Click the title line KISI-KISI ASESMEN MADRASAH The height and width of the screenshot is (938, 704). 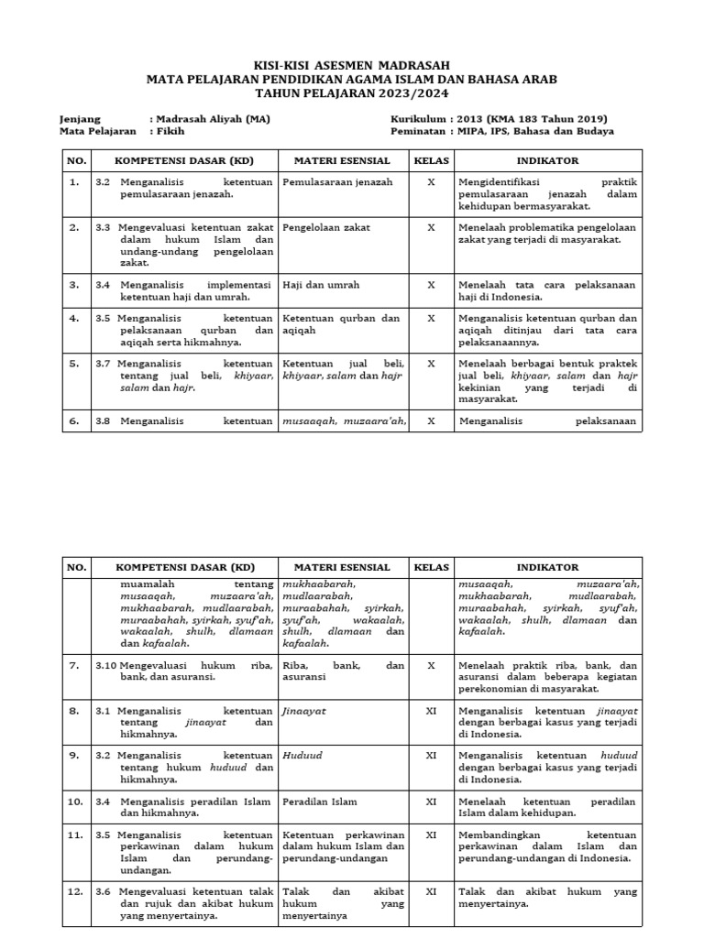pyautogui.click(x=352, y=66)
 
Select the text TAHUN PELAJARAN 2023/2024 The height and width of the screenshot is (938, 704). pyautogui.click(x=352, y=93)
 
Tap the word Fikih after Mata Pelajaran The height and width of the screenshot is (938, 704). pyautogui.click(x=170, y=131)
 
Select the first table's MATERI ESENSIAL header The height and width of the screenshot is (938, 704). pyautogui.click(x=342, y=160)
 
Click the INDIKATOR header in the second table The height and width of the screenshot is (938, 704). pyautogui.click(x=547, y=568)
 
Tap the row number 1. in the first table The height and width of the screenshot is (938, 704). pyautogui.click(x=74, y=182)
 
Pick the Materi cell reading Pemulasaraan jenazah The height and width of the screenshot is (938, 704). pyautogui.click(x=337, y=182)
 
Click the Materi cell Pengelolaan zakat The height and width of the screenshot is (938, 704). pyautogui.click(x=326, y=227)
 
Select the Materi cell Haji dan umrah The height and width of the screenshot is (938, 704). pyautogui.click(x=321, y=285)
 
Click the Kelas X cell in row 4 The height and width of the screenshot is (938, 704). pyautogui.click(x=431, y=319)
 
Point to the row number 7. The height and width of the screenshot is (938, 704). pyautogui.click(x=74, y=665)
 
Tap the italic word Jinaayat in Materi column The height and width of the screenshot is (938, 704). pyautogui.click(x=304, y=710)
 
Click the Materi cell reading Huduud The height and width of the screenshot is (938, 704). pyautogui.click(x=303, y=756)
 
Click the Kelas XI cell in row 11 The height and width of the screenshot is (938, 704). pyautogui.click(x=431, y=835)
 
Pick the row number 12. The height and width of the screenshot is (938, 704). pyautogui.click(x=74, y=891)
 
